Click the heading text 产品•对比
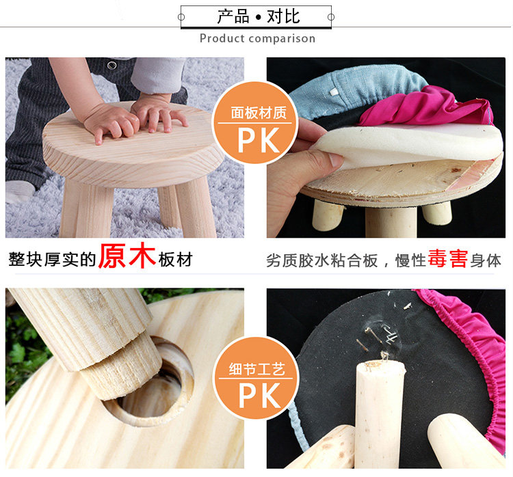(x=258, y=16)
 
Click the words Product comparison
(x=257, y=38)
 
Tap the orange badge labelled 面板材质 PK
(x=256, y=123)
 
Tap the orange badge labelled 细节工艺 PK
(x=256, y=379)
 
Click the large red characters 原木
(x=127, y=256)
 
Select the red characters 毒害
(x=447, y=258)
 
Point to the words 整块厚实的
(x=53, y=260)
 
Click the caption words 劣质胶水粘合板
(x=322, y=260)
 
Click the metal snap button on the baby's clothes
(x=112, y=66)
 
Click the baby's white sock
(x=20, y=191)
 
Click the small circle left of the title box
(x=181, y=17)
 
